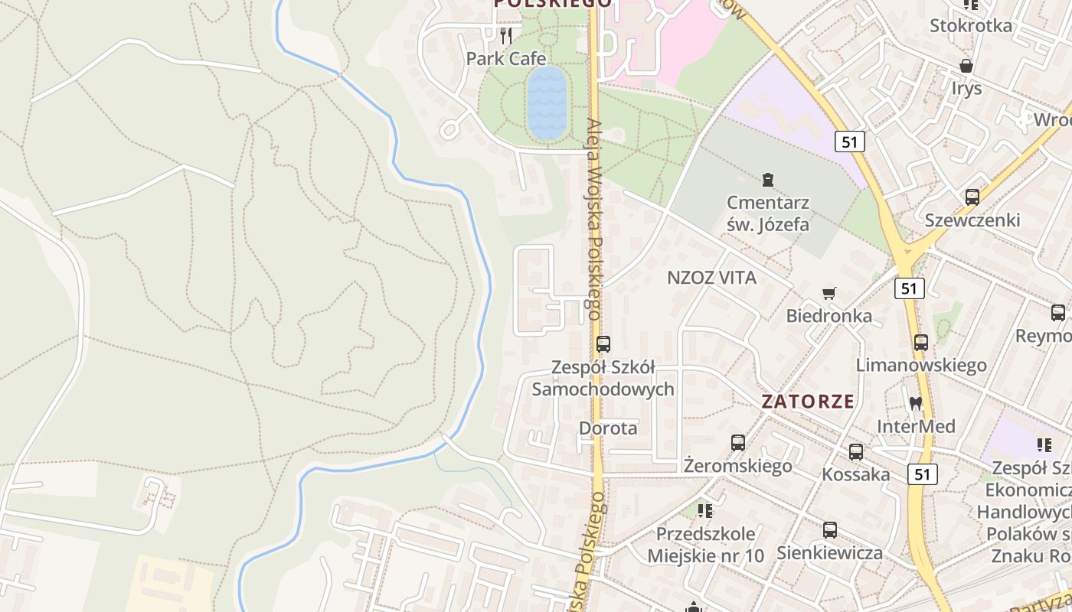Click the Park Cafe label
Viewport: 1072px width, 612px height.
506,59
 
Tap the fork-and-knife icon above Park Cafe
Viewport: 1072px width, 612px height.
505,35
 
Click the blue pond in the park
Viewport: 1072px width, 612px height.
547,103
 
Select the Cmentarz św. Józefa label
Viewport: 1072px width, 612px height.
768,214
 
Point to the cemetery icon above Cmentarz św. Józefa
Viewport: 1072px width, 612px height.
767,181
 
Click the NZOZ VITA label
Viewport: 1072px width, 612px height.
711,278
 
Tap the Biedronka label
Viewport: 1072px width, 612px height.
829,316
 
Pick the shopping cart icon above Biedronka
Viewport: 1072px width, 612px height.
829,293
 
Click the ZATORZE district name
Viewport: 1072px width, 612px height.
808,402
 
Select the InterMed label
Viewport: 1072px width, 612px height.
916,426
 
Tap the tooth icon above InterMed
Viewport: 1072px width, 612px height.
915,403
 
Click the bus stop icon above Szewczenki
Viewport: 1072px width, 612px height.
972,197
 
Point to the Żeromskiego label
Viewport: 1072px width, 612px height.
737,466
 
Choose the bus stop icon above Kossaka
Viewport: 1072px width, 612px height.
855,452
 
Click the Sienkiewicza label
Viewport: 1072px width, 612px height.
829,552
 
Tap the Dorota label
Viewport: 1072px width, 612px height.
608,428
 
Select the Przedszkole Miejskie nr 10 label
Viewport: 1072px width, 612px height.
705,545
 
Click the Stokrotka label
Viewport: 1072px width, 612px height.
970,26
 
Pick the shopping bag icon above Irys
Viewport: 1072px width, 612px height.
966,66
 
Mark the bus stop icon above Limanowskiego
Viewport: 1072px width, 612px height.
920,343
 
